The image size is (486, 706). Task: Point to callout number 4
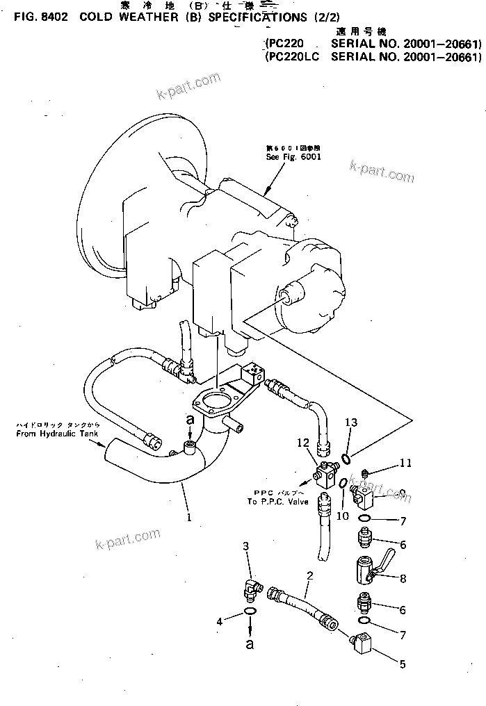pos(219,621)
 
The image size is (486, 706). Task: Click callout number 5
pos(401,664)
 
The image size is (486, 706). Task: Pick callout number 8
pos(401,578)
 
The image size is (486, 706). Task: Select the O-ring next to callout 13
pos(346,457)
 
